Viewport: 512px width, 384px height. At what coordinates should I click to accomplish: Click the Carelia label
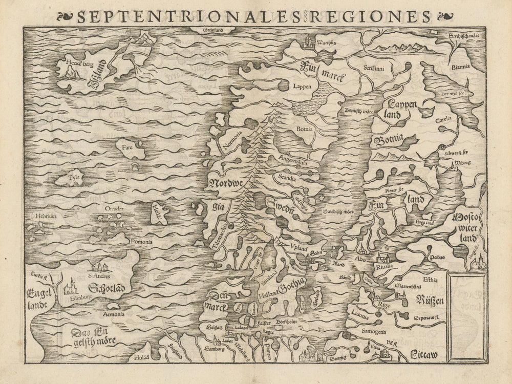(x=443, y=118)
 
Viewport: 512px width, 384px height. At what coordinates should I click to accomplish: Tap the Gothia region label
(x=292, y=283)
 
